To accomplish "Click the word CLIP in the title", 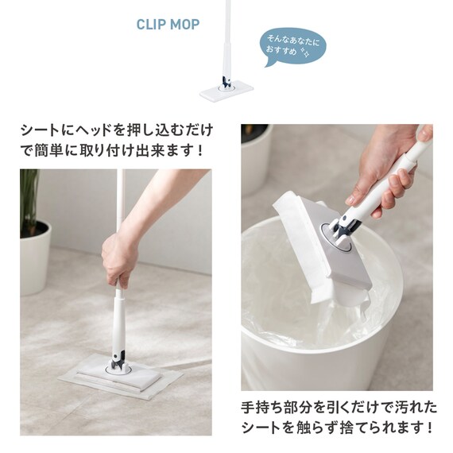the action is click(x=150, y=25).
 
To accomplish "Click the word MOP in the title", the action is click(x=185, y=25).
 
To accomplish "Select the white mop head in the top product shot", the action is click(x=226, y=92).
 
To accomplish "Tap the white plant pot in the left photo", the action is click(x=35, y=257).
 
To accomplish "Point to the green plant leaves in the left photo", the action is click(x=29, y=199).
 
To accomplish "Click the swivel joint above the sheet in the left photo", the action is click(x=119, y=362).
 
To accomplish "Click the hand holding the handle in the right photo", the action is click(x=387, y=170).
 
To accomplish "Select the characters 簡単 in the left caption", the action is click(x=48, y=150).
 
